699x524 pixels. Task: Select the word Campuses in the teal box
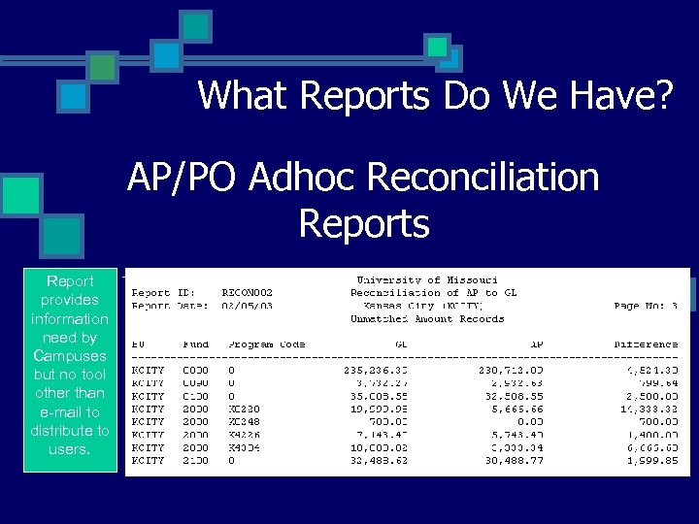[69, 356]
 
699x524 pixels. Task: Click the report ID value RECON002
[248, 292]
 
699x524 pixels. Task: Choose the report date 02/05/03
[248, 305]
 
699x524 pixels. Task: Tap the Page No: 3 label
[646, 305]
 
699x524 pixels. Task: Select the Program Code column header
[267, 344]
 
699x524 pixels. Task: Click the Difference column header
[646, 344]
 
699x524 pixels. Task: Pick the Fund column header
[196, 344]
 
